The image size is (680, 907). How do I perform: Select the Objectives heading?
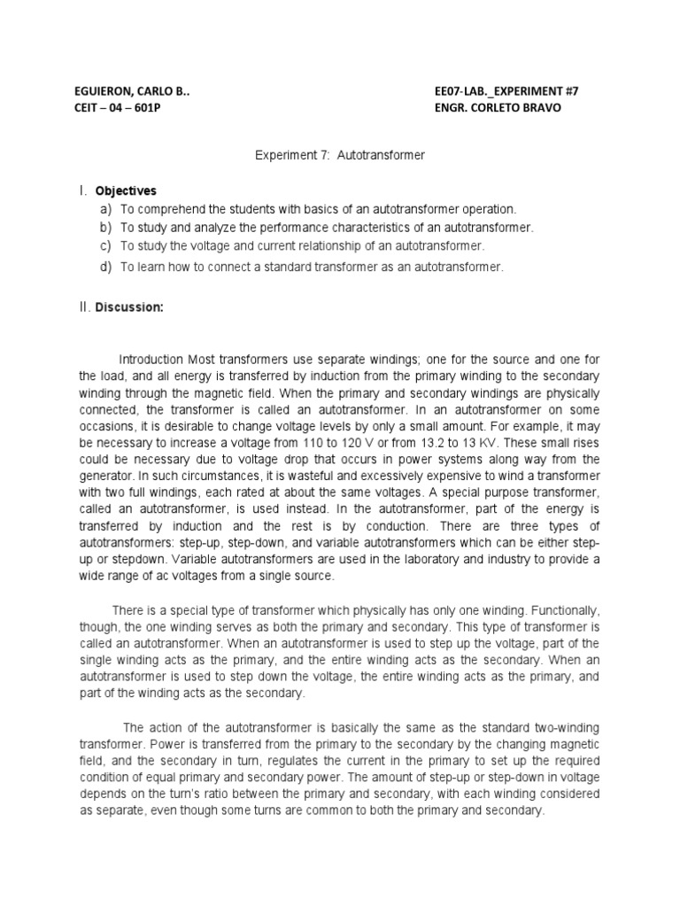(x=126, y=190)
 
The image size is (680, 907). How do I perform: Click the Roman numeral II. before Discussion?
(x=86, y=308)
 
